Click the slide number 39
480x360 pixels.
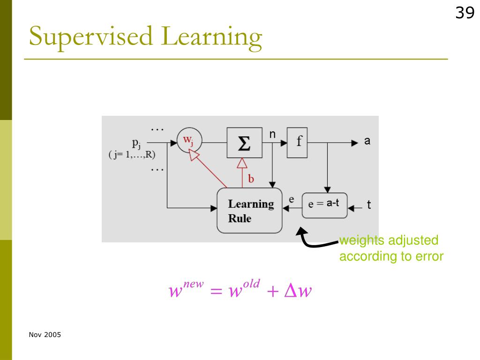tap(465, 13)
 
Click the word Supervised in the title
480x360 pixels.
tap(91, 37)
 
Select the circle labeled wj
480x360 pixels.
tap(188, 140)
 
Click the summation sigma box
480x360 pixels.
tap(244, 142)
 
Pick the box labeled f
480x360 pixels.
tap(298, 142)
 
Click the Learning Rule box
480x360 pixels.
tap(249, 210)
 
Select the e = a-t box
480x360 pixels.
tap(324, 205)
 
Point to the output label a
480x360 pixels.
tap(367, 141)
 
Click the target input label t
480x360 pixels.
tap(369, 205)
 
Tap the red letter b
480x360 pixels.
tap(251, 179)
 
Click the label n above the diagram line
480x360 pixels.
tap(272, 135)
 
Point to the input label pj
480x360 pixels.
tap(136, 142)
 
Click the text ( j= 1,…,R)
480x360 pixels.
tap(132, 155)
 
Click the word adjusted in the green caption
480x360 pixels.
tap(413, 240)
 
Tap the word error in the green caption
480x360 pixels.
tap(426, 256)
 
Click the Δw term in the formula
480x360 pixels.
tap(298, 291)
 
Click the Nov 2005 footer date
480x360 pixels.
tap(45, 335)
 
